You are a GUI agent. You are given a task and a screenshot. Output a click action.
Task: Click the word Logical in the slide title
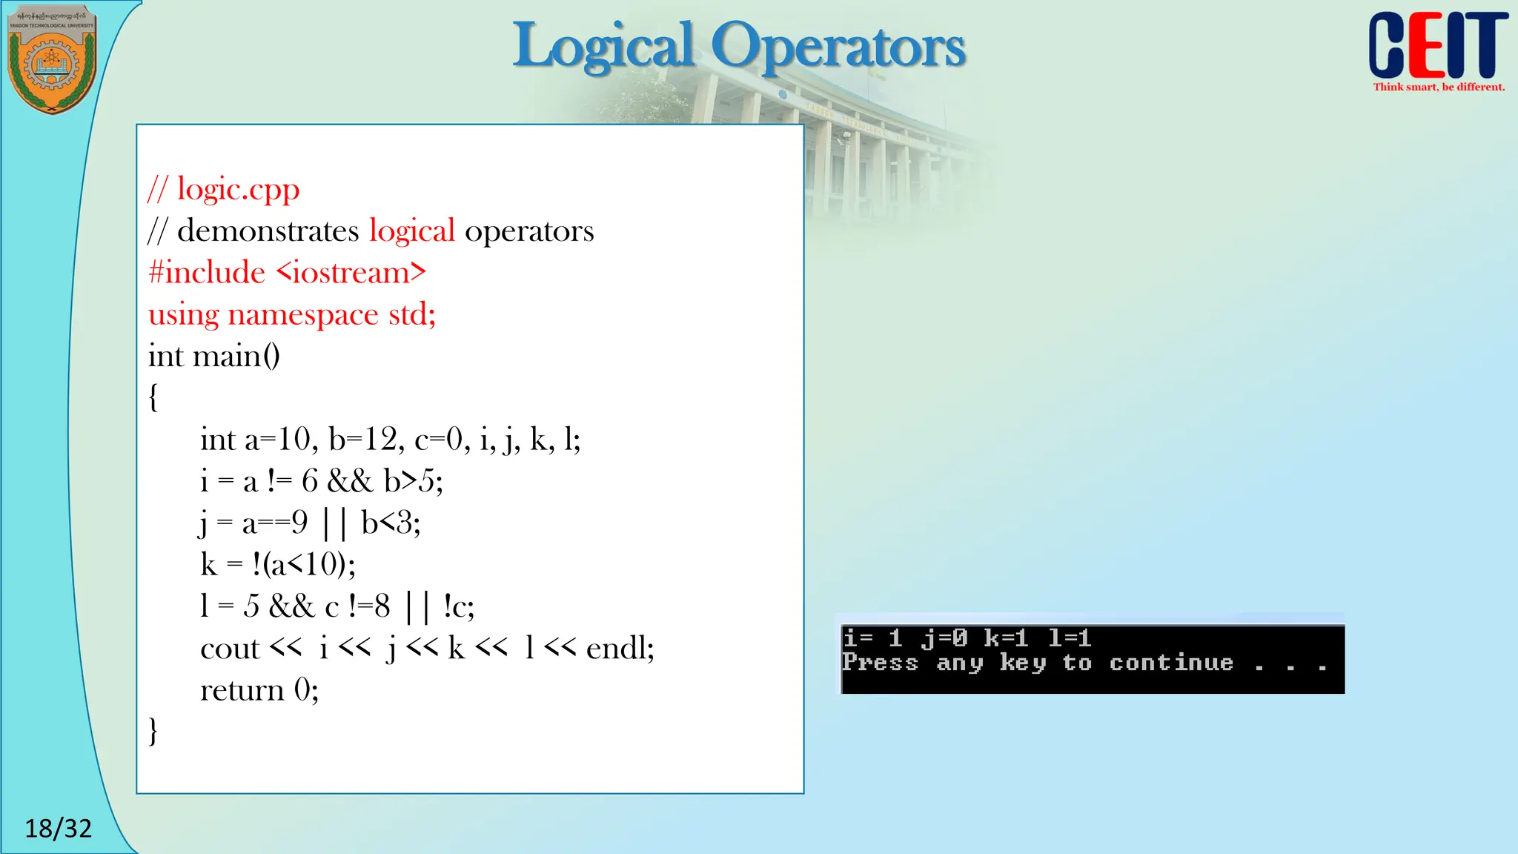pos(604,46)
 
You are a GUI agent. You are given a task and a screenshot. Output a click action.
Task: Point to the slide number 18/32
pos(58,828)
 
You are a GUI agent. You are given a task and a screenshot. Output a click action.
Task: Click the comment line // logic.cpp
pos(224,190)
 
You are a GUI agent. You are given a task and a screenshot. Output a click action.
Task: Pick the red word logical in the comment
pos(411,231)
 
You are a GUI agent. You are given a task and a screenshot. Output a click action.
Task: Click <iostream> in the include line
pos(351,273)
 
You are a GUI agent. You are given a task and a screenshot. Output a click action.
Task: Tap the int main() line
pos(214,357)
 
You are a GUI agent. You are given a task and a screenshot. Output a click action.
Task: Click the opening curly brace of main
pos(153,397)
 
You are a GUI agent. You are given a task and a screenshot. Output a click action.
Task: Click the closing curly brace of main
pos(153,731)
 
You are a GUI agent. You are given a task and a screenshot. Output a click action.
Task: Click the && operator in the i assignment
pos(350,482)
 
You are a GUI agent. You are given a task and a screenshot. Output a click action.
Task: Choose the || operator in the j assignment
pos(334,523)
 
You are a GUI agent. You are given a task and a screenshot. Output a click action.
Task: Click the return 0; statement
pos(259,690)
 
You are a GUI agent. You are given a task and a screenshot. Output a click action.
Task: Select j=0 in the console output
pos(944,638)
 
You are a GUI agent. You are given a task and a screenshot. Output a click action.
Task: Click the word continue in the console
pos(1171,663)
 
